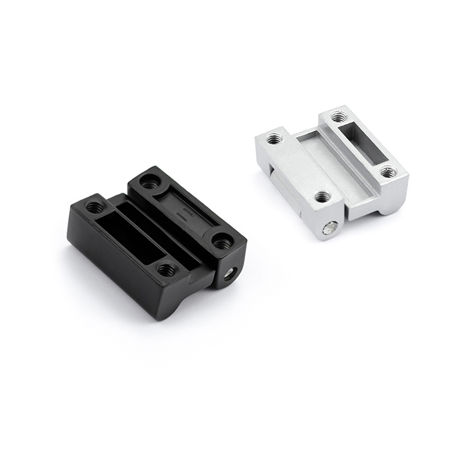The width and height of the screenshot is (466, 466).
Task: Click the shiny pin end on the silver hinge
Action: pyautogui.click(x=330, y=229)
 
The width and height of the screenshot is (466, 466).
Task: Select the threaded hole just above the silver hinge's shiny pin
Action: pyautogui.click(x=322, y=196)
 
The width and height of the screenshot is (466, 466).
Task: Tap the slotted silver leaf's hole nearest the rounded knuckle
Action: pyautogui.click(x=387, y=172)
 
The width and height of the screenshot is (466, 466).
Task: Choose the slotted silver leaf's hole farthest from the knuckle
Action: pyautogui.click(x=339, y=117)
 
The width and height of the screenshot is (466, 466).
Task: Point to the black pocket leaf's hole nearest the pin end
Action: pyautogui.click(x=166, y=269)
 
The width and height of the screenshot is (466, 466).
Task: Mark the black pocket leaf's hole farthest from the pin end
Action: pyautogui.click(x=94, y=207)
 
